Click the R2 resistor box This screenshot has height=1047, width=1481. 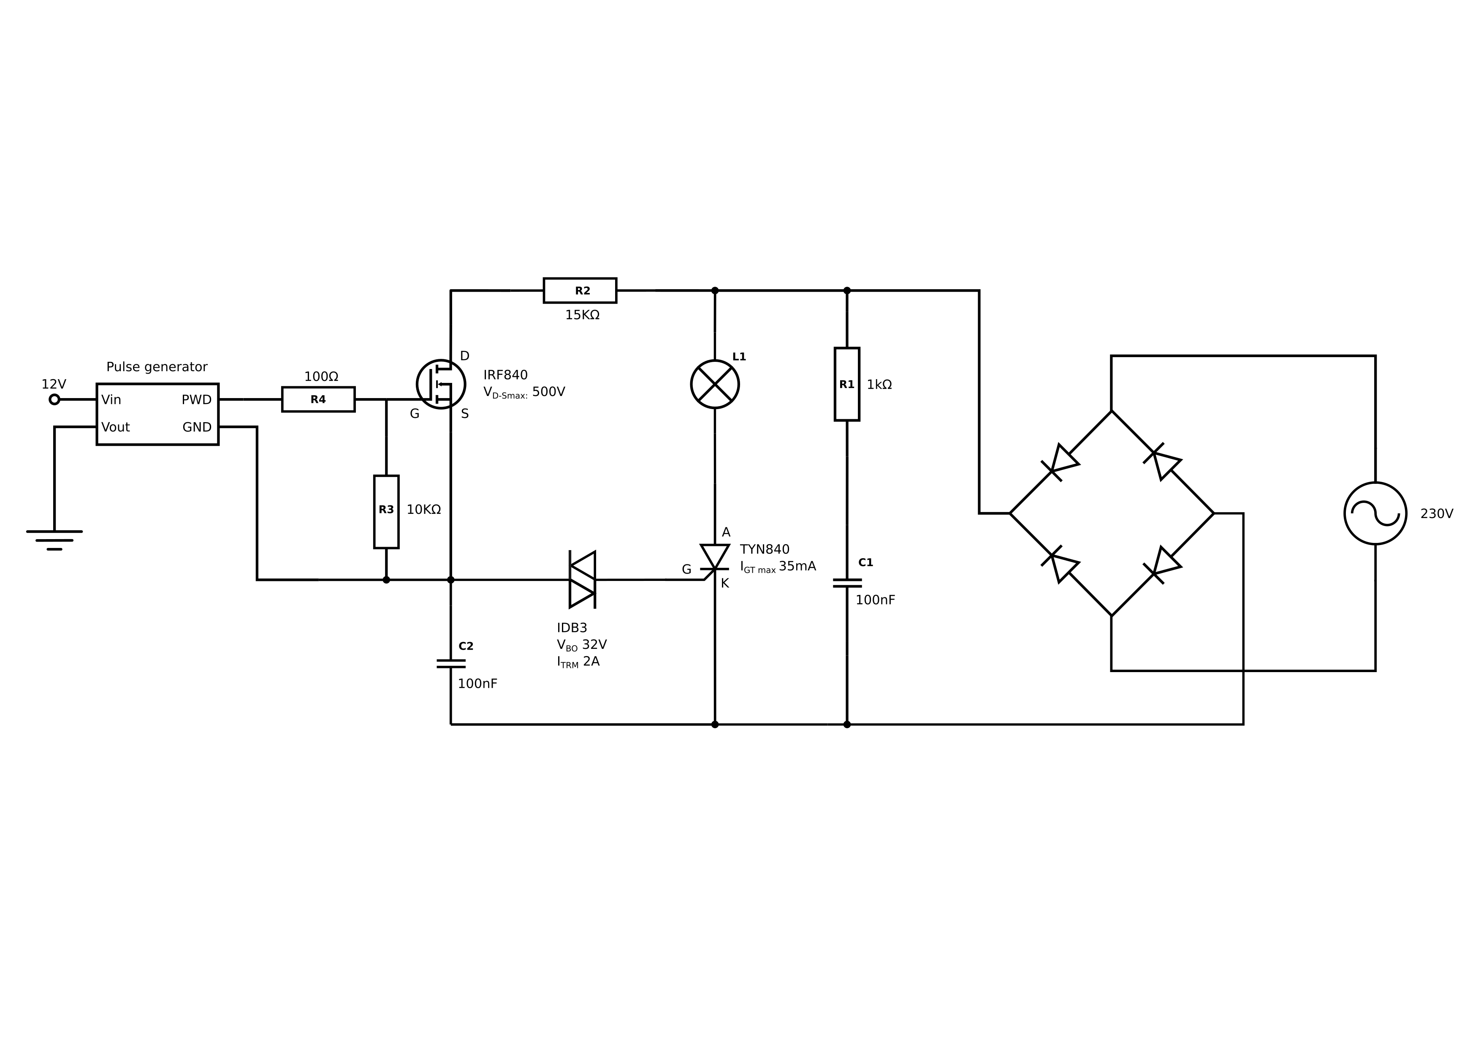pos(580,290)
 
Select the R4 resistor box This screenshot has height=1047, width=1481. pos(318,399)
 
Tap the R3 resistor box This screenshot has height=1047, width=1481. pos(386,512)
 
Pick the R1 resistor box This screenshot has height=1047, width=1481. pos(847,384)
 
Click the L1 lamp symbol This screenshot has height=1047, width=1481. pos(715,384)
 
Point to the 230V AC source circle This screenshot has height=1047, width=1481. pos(1375,513)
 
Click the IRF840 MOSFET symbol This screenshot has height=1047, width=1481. pos(441,384)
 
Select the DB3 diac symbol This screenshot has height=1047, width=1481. pos(582,579)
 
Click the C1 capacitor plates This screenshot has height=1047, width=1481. pos(847,583)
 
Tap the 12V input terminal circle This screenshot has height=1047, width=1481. pos(54,399)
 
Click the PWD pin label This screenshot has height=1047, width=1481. pos(197,400)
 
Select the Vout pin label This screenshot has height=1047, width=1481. pos(115,427)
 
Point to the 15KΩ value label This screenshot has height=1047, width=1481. pos(583,315)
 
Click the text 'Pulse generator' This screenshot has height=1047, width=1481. pos(157,367)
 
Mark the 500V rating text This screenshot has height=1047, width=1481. pos(548,392)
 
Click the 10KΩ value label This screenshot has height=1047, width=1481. pos(424,510)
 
